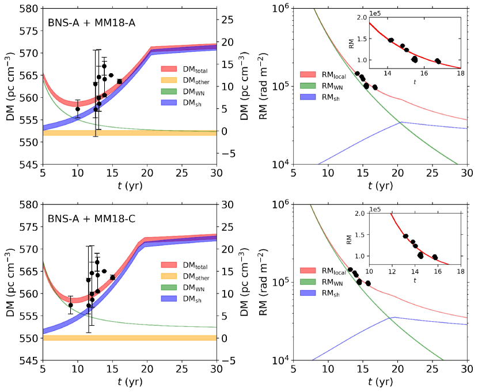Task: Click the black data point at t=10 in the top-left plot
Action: [x=78, y=109]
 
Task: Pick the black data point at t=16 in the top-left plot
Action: [x=119, y=82]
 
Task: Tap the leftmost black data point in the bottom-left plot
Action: [x=71, y=305]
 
